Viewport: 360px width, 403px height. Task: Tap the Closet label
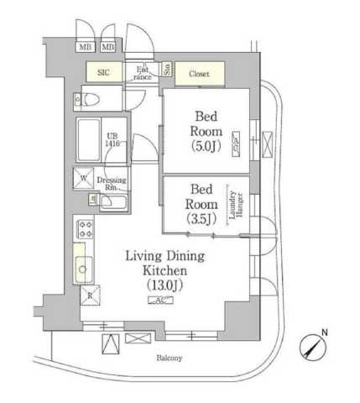199,74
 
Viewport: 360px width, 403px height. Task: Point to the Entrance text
143,73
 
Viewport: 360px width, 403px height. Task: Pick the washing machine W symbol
85,179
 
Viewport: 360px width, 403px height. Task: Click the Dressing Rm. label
112,184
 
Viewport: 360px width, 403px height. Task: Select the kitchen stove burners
85,228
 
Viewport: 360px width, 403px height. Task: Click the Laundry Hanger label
237,204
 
